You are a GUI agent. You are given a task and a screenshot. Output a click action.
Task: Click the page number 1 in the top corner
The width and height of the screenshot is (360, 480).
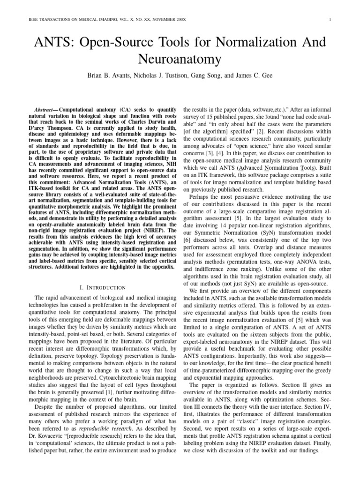pyautogui.click(x=330, y=19)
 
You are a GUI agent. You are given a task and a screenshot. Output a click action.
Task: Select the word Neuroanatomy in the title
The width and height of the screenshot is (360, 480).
pyautogui.click(x=180, y=60)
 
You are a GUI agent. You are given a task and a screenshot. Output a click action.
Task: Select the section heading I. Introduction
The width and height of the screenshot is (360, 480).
pyautogui.click(x=102, y=287)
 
